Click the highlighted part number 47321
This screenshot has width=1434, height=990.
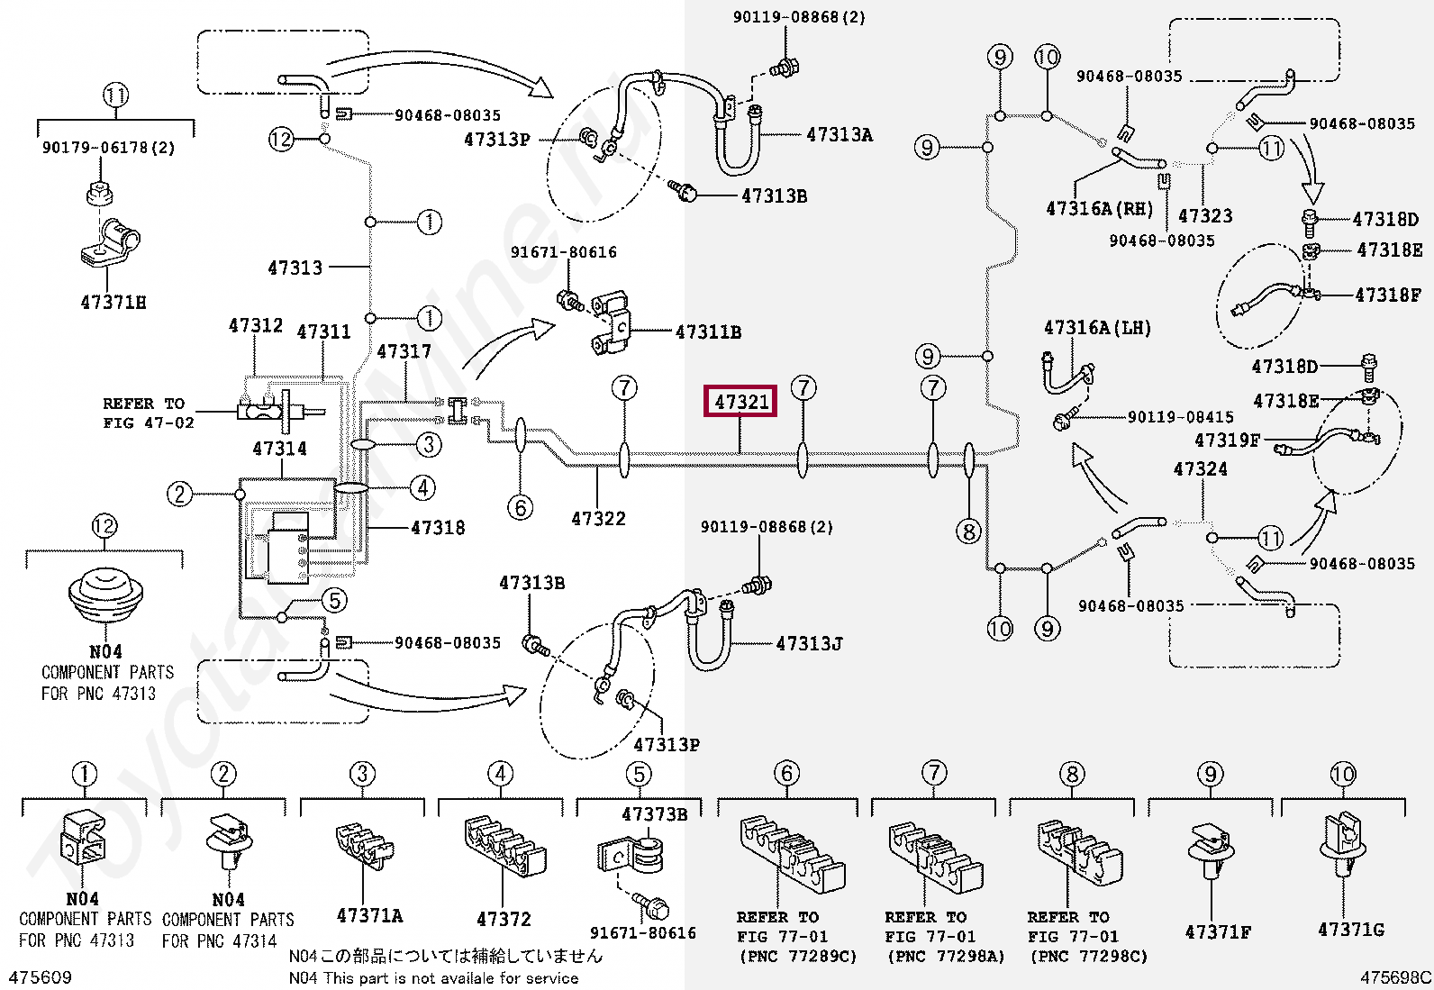tap(740, 402)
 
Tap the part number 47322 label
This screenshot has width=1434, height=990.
tap(598, 518)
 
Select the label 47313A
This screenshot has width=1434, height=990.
tap(840, 135)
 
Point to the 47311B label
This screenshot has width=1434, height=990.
tap(709, 332)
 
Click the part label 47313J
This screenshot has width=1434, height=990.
tap(809, 643)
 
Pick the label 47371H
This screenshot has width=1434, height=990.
tap(113, 303)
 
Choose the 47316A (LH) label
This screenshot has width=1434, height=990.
tap(1097, 328)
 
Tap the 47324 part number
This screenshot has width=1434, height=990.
tap(1201, 468)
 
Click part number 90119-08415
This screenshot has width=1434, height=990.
tap(1181, 417)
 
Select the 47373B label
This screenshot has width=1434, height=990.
tap(654, 814)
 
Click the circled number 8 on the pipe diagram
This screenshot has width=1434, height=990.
tap(968, 531)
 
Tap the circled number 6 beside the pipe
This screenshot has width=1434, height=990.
tap(520, 508)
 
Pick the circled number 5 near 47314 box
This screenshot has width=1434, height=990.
tap(334, 601)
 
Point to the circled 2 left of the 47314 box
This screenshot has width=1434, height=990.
tap(179, 495)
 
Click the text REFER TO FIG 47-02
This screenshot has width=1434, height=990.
tap(149, 413)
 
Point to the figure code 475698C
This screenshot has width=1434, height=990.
tap(1395, 977)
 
